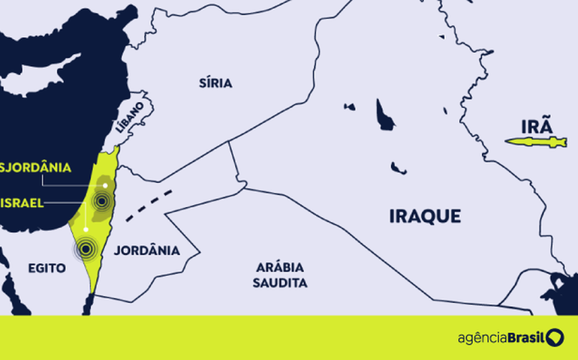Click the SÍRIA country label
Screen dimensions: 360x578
click(215, 82)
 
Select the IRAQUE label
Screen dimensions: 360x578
click(425, 216)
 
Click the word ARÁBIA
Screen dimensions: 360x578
click(281, 268)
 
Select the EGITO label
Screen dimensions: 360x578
click(47, 267)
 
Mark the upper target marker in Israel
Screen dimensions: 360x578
click(101, 200)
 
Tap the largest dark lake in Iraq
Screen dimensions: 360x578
click(384, 116)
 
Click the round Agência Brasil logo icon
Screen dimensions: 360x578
click(555, 337)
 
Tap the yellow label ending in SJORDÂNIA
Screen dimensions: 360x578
click(36, 166)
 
